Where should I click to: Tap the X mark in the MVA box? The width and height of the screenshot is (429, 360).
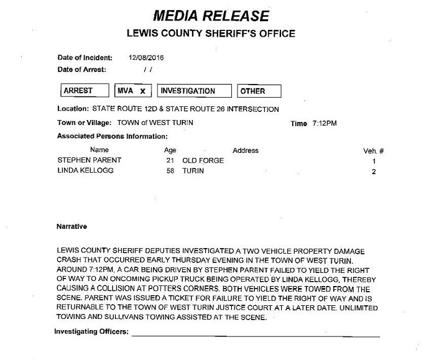tap(142, 91)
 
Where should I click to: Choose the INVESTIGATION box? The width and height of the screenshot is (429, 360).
tap(194, 91)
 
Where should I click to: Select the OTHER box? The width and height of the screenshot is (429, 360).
tap(259, 91)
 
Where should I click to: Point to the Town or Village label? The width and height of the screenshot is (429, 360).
tap(85, 122)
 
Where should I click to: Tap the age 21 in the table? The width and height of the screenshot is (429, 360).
tap(170, 160)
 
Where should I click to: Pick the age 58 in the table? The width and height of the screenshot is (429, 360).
tap(170, 170)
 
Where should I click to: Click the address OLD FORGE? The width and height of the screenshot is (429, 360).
tap(203, 160)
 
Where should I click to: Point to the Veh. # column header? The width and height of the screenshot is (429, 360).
tap(374, 150)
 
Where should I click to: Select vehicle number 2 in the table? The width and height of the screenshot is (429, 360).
tap(374, 170)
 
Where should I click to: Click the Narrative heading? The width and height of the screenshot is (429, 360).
tap(71, 227)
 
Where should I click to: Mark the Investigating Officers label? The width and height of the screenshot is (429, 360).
tap(91, 332)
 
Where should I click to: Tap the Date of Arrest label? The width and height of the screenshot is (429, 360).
tap(81, 69)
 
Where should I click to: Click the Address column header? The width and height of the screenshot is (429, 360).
tap(245, 150)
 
